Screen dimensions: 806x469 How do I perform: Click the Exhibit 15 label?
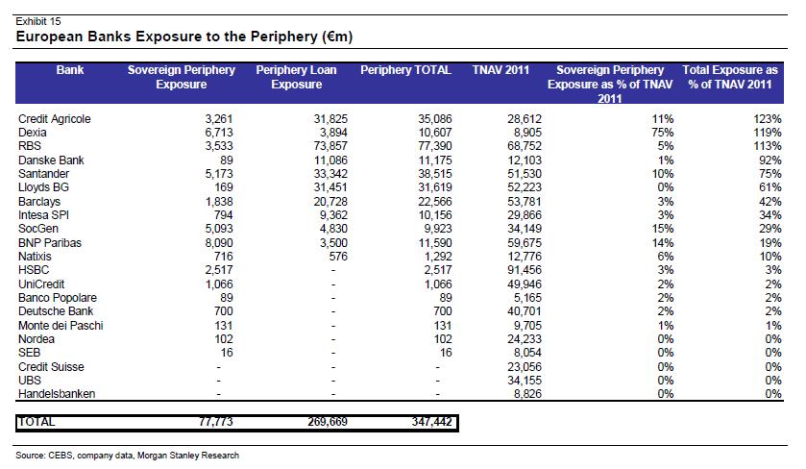(x=38, y=21)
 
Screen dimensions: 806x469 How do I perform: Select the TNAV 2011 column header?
(x=501, y=70)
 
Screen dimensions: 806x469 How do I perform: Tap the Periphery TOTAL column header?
(x=405, y=70)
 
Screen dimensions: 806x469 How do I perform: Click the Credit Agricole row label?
(x=55, y=119)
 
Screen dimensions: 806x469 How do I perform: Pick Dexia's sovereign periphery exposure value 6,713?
(x=219, y=133)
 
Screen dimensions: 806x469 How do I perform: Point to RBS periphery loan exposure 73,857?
(x=330, y=146)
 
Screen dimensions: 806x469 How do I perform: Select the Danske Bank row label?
(x=51, y=160)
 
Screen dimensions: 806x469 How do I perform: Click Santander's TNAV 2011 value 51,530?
(x=525, y=174)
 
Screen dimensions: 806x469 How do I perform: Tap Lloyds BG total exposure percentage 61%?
(x=770, y=187)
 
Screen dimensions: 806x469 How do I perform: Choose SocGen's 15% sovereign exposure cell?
(x=663, y=229)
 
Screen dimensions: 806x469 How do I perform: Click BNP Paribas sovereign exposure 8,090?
(x=219, y=243)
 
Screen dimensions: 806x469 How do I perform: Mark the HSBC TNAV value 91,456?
(x=525, y=270)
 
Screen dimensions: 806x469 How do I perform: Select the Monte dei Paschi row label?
(x=61, y=326)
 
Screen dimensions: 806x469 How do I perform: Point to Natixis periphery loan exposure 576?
(x=338, y=256)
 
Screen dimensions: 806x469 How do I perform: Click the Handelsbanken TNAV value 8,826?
(x=527, y=394)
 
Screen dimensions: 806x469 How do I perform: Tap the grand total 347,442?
(x=431, y=422)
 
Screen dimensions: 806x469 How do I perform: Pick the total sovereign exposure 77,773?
(x=216, y=422)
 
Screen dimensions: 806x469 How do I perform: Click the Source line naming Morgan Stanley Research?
(x=128, y=456)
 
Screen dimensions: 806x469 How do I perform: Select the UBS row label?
(x=29, y=380)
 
